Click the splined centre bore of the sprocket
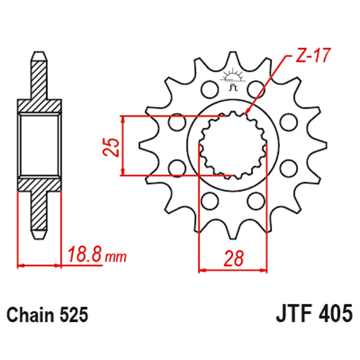click(233, 145)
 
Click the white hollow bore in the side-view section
click(39, 145)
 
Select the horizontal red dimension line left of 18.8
click(39, 264)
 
